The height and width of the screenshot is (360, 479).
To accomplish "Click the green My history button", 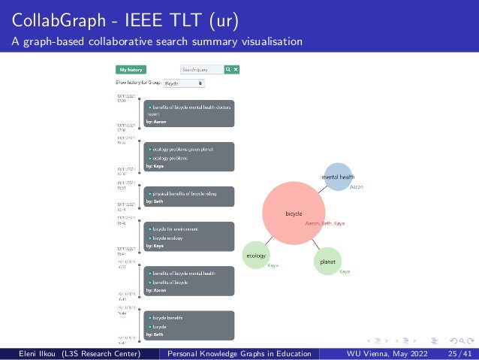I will point(131,69).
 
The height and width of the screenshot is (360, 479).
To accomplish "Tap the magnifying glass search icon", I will point(228,69).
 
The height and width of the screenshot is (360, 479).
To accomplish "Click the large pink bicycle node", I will point(294,213).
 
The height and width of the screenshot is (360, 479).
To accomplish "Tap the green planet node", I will point(327,261).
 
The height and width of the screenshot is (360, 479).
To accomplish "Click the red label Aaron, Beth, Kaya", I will point(325,223).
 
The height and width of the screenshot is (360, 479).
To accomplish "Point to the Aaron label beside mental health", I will point(357,186).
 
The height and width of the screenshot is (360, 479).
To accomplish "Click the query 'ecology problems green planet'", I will point(183,149).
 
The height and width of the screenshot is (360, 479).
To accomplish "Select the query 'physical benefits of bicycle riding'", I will point(185,193).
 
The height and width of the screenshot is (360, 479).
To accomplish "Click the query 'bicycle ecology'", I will point(167,237).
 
